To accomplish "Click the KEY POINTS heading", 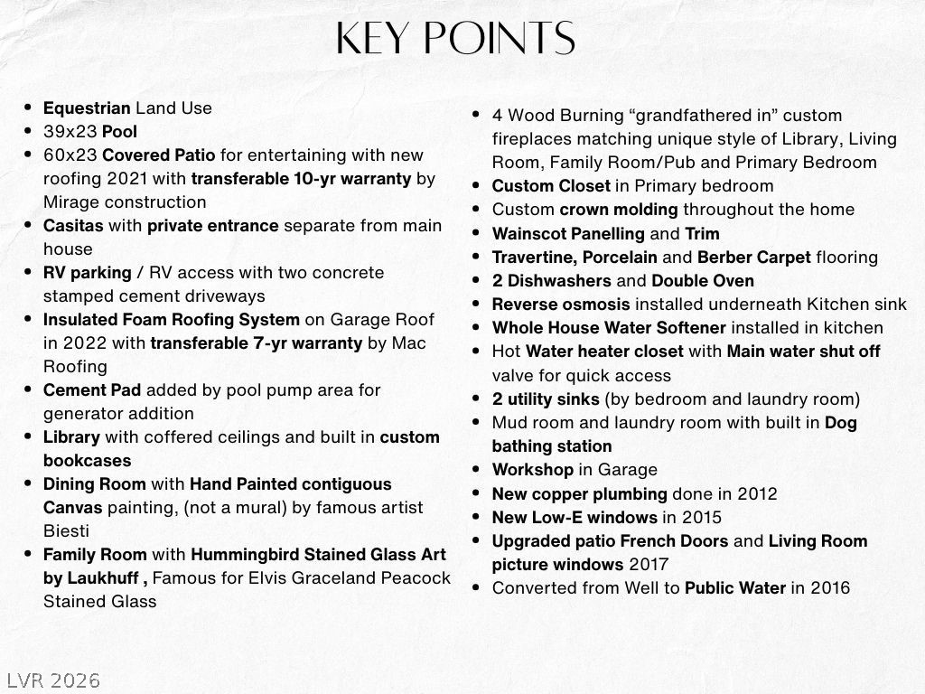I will [x=455, y=39].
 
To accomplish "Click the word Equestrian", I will [x=87, y=108].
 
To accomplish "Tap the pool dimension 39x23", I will [x=70, y=131].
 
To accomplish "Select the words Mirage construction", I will [x=125, y=202].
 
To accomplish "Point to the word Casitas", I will [x=73, y=225].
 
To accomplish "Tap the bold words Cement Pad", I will [x=91, y=389].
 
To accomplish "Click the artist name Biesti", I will [x=67, y=530].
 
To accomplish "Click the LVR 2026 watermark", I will [x=53, y=680].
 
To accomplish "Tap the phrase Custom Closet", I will [x=551, y=185].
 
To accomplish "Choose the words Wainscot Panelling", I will [x=568, y=233].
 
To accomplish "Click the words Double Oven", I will [x=702, y=280].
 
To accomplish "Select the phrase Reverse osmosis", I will [x=561, y=304].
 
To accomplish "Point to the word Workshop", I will [x=532, y=469].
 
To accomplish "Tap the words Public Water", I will [x=735, y=587].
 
